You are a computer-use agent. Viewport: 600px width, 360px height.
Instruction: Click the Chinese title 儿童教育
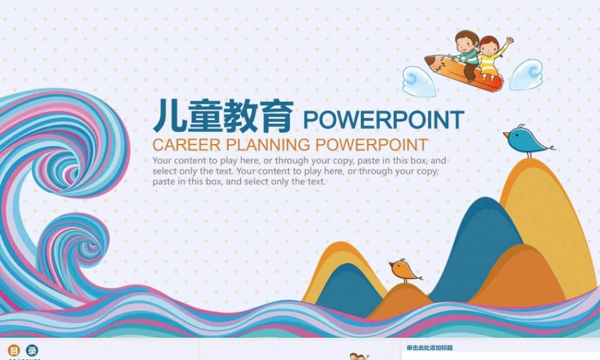[223, 116]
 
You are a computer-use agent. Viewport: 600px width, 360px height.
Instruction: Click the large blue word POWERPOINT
[383, 120]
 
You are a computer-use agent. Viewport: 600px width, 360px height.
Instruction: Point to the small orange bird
[403, 271]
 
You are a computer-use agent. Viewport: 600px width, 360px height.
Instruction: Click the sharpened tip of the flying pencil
[428, 60]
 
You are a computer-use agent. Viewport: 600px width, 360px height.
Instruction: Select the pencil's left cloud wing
[418, 81]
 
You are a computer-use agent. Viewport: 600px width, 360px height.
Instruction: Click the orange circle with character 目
[14, 351]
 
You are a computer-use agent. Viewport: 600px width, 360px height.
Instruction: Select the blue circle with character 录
[32, 351]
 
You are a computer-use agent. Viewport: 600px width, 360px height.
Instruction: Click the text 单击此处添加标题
[430, 348]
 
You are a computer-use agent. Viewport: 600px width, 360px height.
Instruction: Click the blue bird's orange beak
[506, 133]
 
